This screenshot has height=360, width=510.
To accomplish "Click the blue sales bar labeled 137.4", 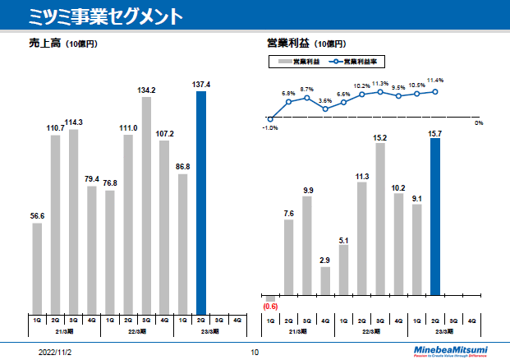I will click(201, 201).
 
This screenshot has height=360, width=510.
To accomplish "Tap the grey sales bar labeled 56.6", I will click(38, 267).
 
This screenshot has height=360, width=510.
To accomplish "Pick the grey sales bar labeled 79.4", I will click(92, 249).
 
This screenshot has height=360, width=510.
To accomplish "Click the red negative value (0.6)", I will click(271, 307).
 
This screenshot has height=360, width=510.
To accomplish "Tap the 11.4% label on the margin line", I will click(435, 81).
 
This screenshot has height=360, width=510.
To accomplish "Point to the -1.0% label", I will click(270, 127).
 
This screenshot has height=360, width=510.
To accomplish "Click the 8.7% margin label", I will click(307, 89).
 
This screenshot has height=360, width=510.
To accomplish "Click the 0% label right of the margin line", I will click(479, 122).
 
